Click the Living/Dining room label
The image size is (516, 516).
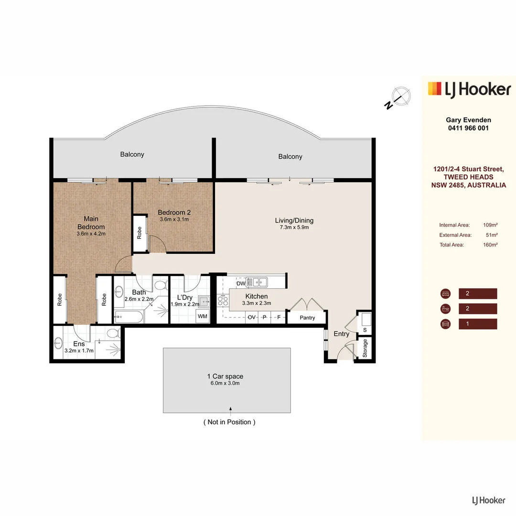(x=294, y=220)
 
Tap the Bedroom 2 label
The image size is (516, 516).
(x=174, y=212)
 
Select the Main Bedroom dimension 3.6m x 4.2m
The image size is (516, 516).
(x=91, y=234)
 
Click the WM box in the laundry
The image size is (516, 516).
(x=203, y=316)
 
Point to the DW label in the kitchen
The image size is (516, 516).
(x=241, y=283)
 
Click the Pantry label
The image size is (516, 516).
(x=308, y=318)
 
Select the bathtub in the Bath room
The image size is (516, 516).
(x=128, y=316)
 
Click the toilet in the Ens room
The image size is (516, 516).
(x=113, y=333)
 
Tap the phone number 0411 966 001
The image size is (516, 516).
(x=468, y=128)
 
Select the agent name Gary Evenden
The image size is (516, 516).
(x=468, y=120)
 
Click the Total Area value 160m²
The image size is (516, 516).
(x=491, y=245)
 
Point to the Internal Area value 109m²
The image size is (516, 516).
(x=491, y=225)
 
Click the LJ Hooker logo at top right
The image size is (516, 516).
(x=469, y=89)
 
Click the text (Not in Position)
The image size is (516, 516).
(x=229, y=422)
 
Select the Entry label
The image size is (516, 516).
(x=341, y=334)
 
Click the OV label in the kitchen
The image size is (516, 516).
(x=251, y=317)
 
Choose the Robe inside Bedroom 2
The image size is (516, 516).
(x=140, y=233)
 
